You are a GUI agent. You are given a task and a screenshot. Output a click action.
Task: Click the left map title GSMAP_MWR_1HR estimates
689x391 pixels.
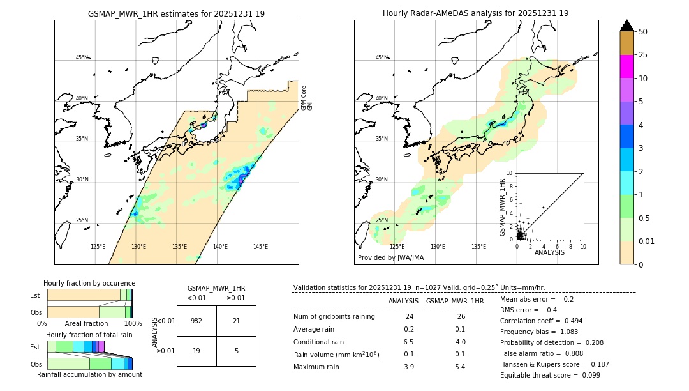[176, 13]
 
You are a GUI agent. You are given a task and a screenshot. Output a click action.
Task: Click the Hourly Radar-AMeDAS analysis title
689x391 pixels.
[475, 13]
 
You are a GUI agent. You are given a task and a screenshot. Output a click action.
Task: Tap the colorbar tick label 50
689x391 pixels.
[643, 32]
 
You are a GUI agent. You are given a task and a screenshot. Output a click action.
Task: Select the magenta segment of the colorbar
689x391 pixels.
[626, 66]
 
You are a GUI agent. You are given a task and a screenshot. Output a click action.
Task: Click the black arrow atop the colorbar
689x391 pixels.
[626, 26]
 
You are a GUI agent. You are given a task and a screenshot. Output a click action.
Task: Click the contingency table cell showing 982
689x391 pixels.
[196, 321]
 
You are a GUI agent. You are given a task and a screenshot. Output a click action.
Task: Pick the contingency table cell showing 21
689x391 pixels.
[236, 321]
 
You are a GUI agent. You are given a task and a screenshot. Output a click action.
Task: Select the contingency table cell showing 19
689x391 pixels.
[196, 351]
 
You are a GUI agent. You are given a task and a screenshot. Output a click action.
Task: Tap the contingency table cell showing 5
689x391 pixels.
[236, 351]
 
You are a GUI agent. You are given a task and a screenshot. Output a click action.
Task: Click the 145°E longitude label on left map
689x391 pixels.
[260, 247]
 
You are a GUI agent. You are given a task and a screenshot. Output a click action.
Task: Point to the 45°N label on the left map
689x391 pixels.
[82, 57]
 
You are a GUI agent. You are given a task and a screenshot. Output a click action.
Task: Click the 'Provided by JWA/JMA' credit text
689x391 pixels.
[390, 258]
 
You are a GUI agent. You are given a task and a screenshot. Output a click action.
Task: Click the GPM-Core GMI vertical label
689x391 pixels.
[306, 98]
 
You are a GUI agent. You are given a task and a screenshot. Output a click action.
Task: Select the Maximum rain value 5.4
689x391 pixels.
[459, 367]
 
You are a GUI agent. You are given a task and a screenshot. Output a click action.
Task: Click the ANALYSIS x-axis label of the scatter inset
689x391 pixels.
[549, 252]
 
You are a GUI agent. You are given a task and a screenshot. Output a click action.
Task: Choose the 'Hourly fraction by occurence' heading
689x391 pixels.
[89, 283]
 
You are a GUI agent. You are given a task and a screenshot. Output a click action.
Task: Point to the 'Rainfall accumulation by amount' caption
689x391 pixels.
[89, 374]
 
